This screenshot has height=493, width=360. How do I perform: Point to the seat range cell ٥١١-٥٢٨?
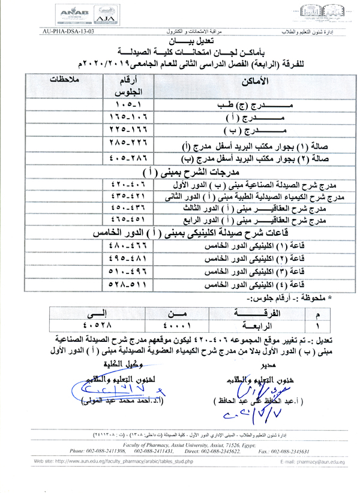pos(127,285)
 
